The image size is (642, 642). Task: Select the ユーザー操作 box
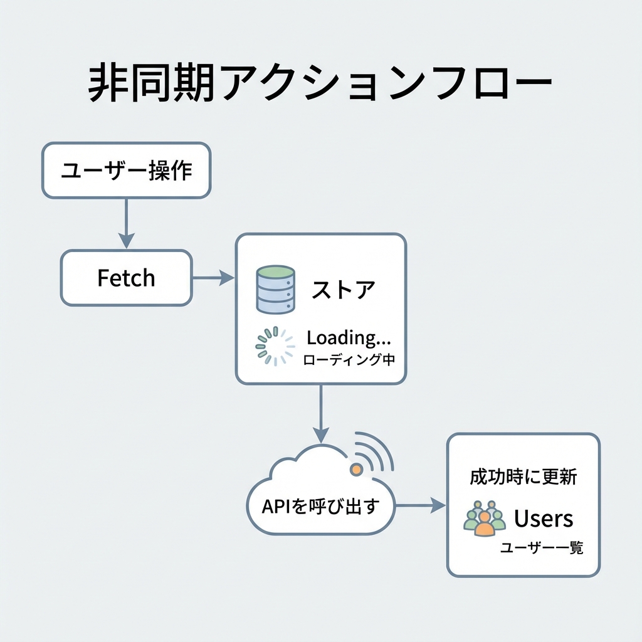click(x=126, y=171)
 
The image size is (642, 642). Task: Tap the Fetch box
click(x=126, y=278)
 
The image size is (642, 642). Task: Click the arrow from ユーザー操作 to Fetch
click(x=126, y=223)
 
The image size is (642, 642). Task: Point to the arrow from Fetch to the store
click(x=213, y=278)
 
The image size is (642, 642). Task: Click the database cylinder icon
click(x=275, y=289)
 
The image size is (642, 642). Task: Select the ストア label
click(x=344, y=290)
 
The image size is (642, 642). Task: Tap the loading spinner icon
click(x=275, y=346)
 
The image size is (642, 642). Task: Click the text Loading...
click(x=348, y=338)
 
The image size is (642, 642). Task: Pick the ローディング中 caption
click(x=349, y=360)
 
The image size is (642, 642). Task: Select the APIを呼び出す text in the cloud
click(x=320, y=506)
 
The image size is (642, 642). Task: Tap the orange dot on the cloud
click(x=355, y=469)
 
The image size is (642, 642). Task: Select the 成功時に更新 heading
click(x=524, y=477)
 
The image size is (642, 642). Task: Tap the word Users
click(x=544, y=518)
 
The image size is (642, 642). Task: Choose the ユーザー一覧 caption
click(x=542, y=548)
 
